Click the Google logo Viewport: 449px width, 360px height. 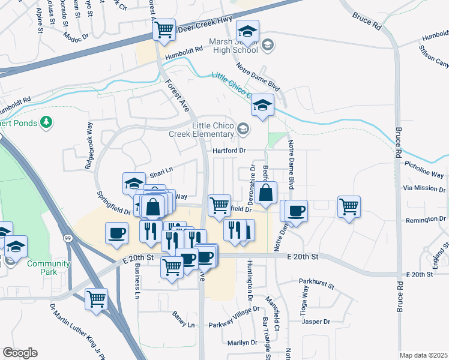(x=20, y=353)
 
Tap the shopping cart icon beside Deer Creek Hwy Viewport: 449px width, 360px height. (x=164, y=28)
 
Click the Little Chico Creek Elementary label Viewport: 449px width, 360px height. (x=212, y=129)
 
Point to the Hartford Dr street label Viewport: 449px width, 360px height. (x=229, y=151)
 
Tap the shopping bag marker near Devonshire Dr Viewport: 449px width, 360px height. (x=265, y=193)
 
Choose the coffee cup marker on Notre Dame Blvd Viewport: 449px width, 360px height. (x=295, y=211)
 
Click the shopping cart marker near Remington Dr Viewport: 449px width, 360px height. (x=349, y=206)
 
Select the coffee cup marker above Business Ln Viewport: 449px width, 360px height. (x=116, y=233)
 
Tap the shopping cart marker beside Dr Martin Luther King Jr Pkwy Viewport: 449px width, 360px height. (x=96, y=298)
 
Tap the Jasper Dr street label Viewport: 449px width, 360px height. (x=316, y=322)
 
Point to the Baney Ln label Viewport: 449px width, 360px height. (x=184, y=319)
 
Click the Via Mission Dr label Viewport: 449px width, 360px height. (x=424, y=188)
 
